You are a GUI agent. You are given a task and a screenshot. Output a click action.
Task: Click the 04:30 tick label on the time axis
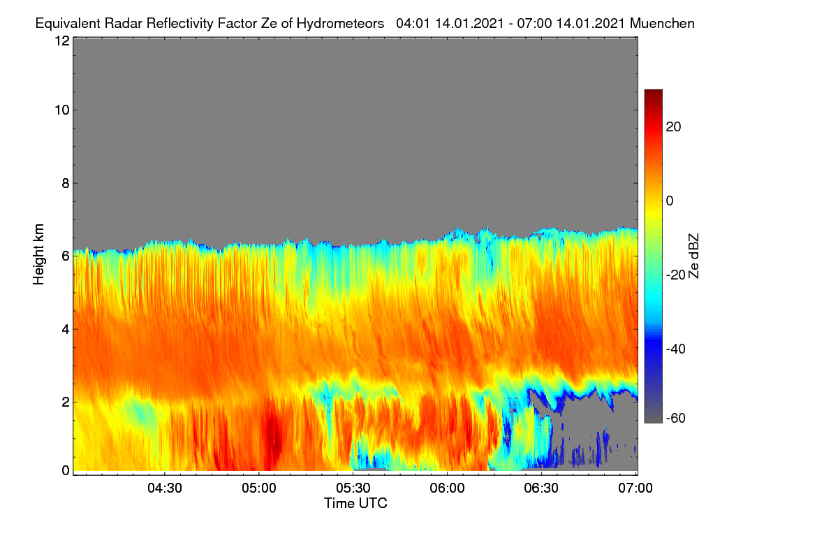pyautogui.click(x=165, y=488)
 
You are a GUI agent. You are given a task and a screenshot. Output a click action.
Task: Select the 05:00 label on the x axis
pyautogui.click(x=259, y=488)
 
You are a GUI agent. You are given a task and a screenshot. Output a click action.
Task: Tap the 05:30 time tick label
pyautogui.click(x=353, y=488)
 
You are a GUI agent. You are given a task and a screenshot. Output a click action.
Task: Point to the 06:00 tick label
pyautogui.click(x=447, y=488)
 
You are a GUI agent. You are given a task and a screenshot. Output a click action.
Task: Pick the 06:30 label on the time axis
pyautogui.click(x=541, y=488)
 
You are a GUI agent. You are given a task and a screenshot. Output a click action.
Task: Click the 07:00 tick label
pyautogui.click(x=635, y=488)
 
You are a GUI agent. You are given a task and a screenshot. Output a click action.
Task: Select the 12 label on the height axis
pyautogui.click(x=62, y=41)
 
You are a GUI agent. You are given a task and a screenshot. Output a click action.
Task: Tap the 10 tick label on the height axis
pyautogui.click(x=62, y=110)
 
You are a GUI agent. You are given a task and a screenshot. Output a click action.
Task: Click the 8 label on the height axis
pyautogui.click(x=66, y=183)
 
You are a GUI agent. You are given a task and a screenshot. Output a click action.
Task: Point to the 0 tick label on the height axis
pyautogui.click(x=66, y=470)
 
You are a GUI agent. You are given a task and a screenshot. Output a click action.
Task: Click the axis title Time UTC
pyautogui.click(x=355, y=503)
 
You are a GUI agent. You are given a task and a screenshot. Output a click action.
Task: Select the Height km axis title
pyautogui.click(x=38, y=254)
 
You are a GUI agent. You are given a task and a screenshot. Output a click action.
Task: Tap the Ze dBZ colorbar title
pyautogui.click(x=693, y=256)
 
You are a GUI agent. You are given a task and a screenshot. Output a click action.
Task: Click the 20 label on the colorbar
pyautogui.click(x=673, y=127)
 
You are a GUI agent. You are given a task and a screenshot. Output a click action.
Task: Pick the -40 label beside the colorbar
pyautogui.click(x=676, y=349)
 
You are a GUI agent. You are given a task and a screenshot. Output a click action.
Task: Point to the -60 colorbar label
pyautogui.click(x=676, y=419)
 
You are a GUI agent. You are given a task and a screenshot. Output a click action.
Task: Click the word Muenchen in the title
pyautogui.click(x=662, y=23)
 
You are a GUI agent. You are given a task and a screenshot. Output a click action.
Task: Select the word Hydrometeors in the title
pyautogui.click(x=341, y=24)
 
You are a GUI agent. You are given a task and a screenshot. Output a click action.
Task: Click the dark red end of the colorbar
pyautogui.click(x=653, y=94)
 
